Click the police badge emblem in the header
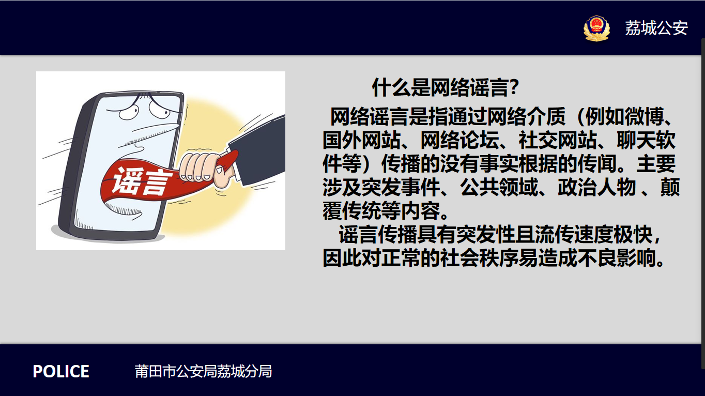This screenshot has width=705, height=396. tap(596, 28)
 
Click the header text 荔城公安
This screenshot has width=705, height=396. tap(656, 28)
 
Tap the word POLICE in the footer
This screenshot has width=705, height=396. tap(61, 372)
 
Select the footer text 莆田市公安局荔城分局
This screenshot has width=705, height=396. tap(203, 372)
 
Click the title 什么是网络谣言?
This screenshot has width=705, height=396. tap(446, 87)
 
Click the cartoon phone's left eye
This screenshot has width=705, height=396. tap(129, 112)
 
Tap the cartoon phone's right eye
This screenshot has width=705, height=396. tap(159, 109)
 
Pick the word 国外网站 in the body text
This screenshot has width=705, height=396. tap(362, 141)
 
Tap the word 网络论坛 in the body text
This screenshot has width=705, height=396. tap(459, 141)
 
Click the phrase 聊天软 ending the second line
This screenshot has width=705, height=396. tap(646, 141)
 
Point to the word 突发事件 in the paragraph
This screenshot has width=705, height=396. tap(401, 187)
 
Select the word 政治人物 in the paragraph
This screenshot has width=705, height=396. tap(597, 187)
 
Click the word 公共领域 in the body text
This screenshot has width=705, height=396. tap(499, 187)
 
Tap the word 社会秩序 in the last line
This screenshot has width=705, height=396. tap(479, 258)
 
